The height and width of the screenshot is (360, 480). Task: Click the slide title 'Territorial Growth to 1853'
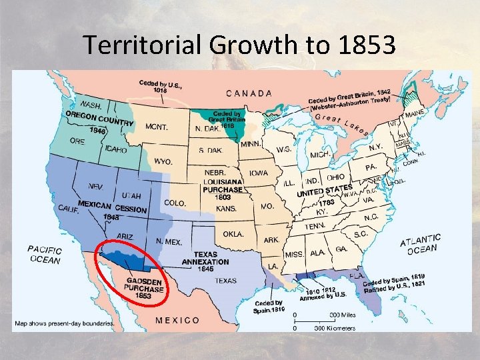coord(239,45)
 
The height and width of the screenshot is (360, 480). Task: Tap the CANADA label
coord(249,94)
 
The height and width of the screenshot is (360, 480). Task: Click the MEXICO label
coord(177,320)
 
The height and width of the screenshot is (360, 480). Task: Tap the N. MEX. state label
coord(169,241)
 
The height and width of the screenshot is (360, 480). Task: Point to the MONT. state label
coord(157,126)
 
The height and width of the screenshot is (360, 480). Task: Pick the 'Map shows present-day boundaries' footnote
coord(63,324)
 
